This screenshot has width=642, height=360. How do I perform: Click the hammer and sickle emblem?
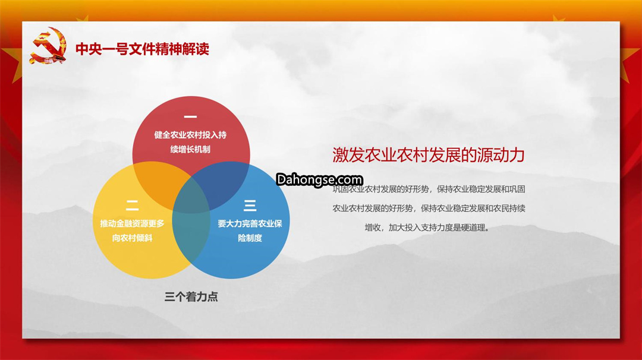coord(48,45)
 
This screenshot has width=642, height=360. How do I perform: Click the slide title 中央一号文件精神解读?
coord(143,49)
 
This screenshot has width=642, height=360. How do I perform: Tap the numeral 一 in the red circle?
coord(190,117)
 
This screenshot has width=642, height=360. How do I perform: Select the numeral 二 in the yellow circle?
coord(132,206)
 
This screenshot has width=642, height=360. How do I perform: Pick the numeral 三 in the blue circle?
coord(250,206)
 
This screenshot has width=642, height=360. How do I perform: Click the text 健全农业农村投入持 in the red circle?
coord(190,135)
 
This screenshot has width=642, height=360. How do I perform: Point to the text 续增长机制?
coord(190,149)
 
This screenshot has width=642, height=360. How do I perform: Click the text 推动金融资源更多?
coord(132,223)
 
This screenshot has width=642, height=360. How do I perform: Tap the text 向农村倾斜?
coord(132,238)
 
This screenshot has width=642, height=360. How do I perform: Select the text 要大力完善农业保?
coord(250,223)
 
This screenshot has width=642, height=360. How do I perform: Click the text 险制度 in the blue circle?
coord(250,238)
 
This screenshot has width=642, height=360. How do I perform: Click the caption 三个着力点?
coord(191,296)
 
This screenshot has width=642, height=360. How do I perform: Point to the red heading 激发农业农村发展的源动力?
coord(429,155)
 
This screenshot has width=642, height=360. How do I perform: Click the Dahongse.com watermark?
coord(319,179)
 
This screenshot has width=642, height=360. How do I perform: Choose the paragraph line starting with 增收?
coord(427,228)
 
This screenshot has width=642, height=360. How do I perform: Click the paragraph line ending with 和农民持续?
coord(429,209)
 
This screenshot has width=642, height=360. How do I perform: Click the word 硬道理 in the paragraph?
coord(473,228)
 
